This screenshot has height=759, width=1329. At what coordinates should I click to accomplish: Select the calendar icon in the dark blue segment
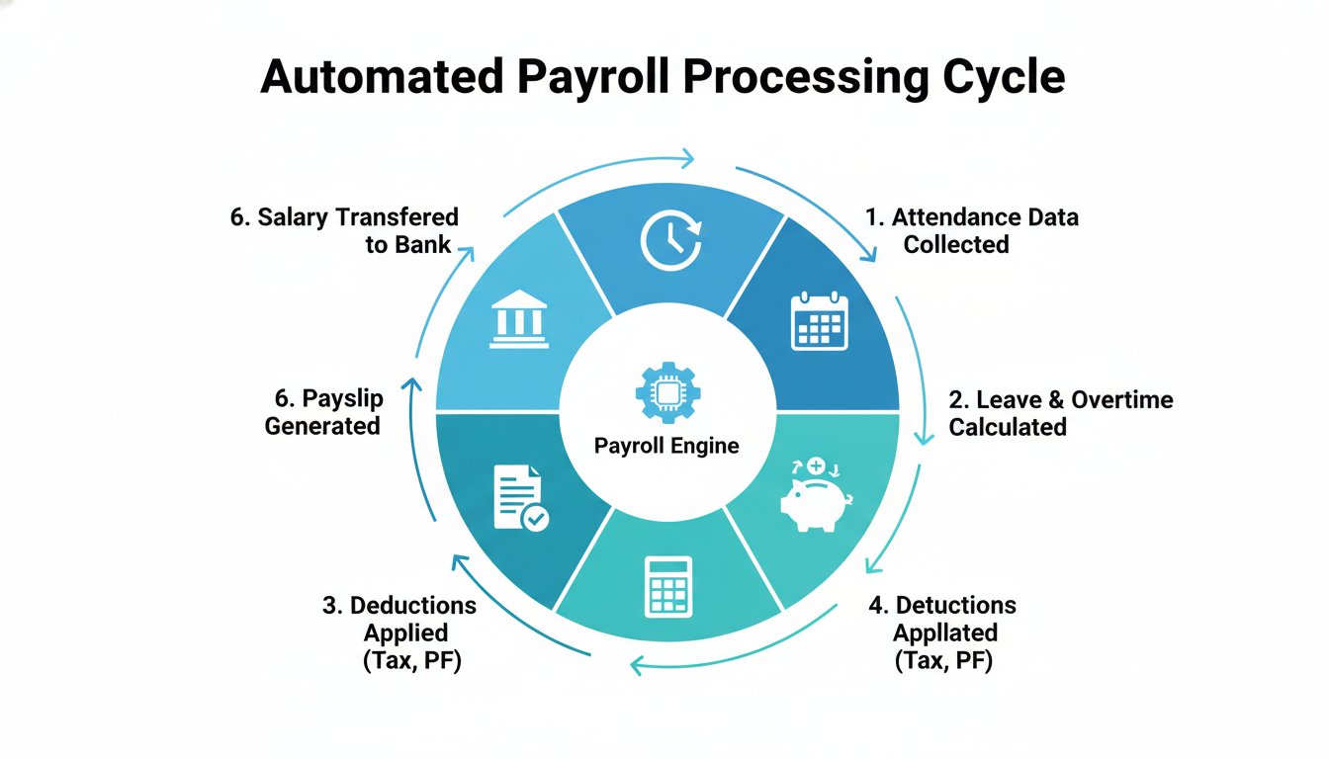(820, 321)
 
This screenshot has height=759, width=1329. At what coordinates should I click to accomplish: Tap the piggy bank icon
(816, 496)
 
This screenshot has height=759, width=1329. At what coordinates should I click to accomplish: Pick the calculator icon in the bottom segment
(666, 585)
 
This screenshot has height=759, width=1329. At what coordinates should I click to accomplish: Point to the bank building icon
(519, 319)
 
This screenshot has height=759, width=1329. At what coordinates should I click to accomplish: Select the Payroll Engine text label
(666, 446)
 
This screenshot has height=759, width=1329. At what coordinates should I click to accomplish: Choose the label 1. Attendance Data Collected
(971, 230)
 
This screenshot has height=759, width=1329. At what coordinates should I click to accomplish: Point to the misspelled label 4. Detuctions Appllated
(943, 632)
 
